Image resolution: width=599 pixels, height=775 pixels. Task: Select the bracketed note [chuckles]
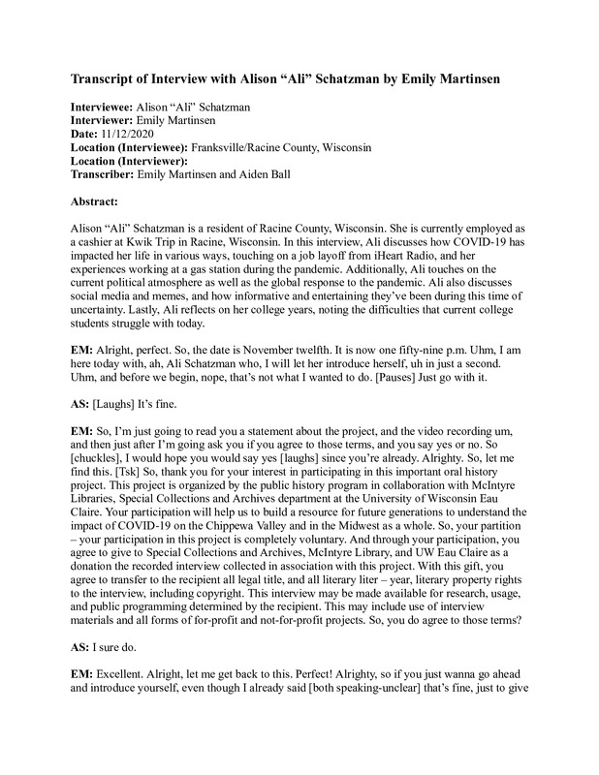[101, 466]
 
